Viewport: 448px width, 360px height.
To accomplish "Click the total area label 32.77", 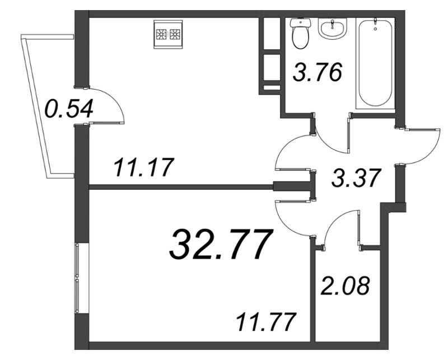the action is point(220,245).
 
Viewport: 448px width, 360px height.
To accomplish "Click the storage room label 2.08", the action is point(345,286).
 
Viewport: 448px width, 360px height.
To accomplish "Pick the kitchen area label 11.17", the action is point(144,169).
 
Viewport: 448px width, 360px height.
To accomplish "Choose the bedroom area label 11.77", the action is point(265,322).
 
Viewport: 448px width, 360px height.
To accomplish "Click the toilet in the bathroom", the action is point(300,33).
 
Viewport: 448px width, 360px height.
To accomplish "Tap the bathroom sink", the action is point(332,28).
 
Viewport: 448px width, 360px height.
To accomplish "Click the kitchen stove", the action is point(168,34).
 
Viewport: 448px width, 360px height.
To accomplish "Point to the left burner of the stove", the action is point(161,35).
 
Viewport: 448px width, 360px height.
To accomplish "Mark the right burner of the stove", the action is point(175,35).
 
